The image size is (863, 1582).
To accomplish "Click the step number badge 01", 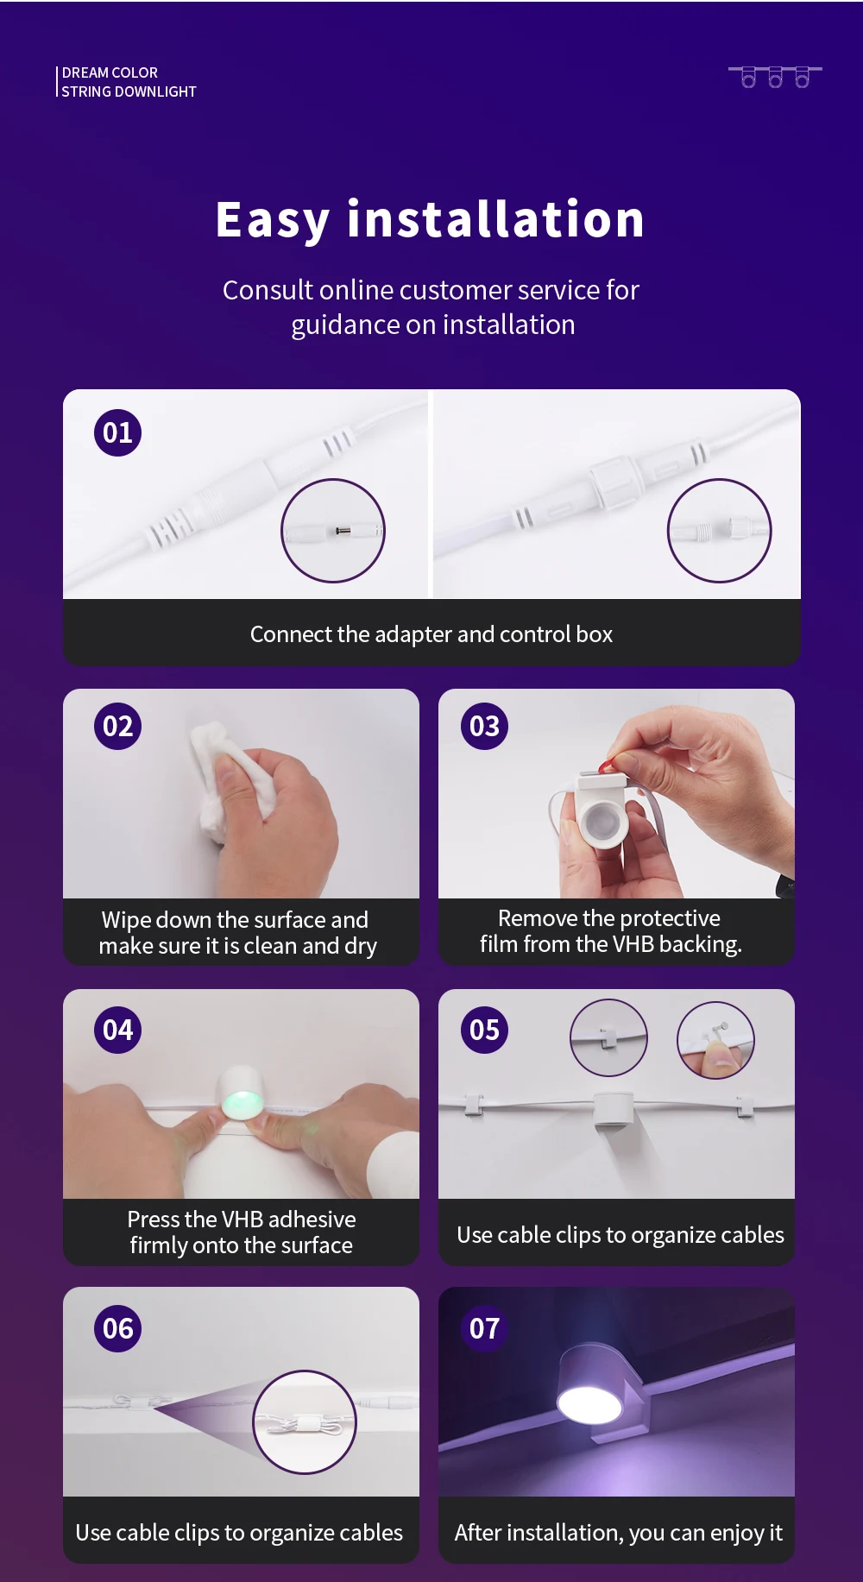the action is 117,432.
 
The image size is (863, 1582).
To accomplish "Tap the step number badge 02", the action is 117,726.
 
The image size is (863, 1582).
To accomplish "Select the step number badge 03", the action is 484,726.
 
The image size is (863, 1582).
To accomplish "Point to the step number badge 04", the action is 117,1030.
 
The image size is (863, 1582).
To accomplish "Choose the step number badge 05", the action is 484,1030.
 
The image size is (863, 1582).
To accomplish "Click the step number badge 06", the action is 117,1328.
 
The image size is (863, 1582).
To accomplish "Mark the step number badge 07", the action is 484,1328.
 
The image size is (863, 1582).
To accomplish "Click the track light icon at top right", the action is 775,76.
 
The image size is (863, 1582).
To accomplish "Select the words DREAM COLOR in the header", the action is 110,72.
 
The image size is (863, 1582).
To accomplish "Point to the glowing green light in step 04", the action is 243,1104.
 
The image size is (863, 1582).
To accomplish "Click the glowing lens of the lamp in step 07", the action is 589,1404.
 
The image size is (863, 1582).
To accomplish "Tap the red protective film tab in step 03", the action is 608,765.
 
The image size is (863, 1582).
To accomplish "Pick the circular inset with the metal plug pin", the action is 333,531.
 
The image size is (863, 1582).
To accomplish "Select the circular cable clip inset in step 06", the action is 305,1421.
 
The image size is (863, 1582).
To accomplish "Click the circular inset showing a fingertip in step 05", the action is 716,1040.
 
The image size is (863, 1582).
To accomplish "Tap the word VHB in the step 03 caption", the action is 633,944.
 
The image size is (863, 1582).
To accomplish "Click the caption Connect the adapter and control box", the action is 431,634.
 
